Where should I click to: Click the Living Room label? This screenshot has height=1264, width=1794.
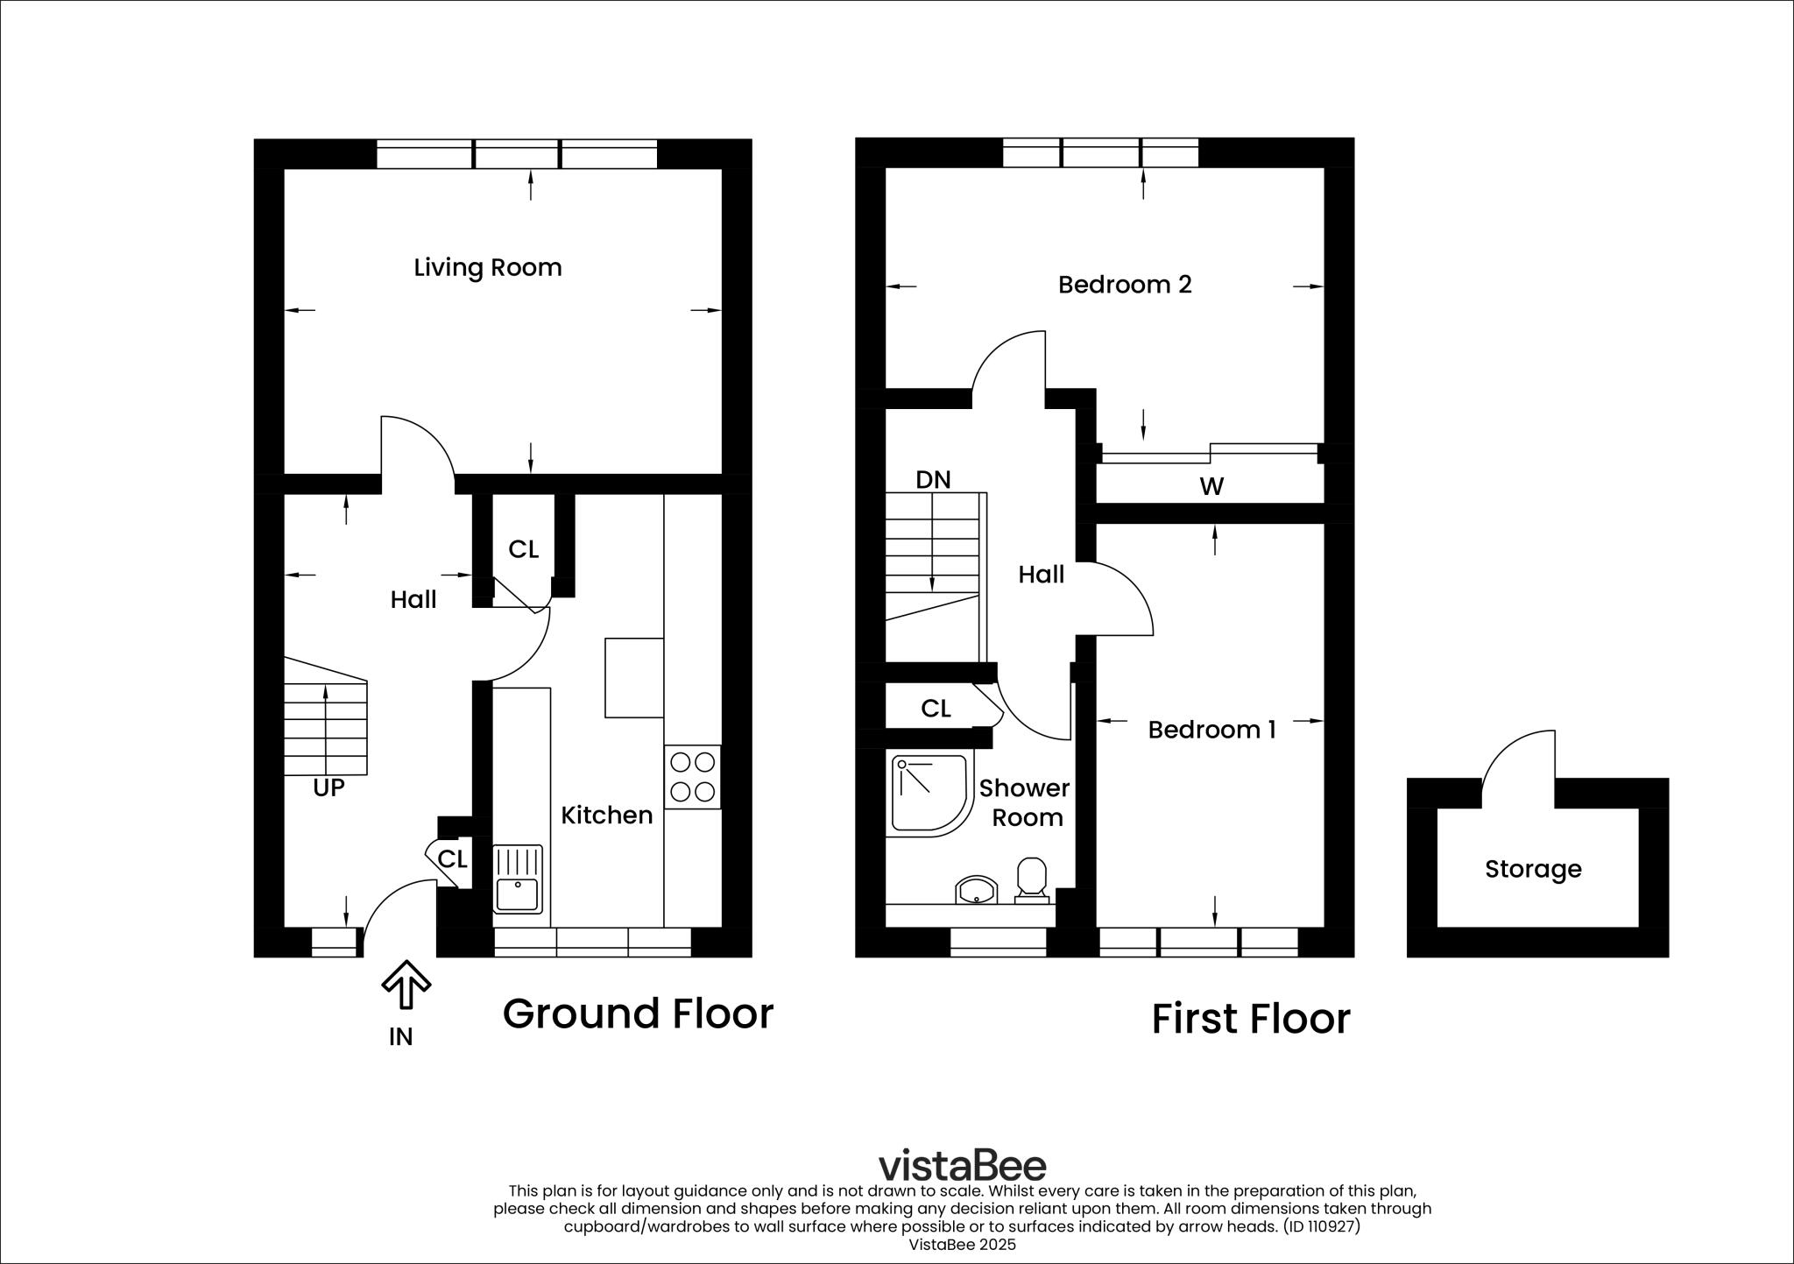pyautogui.click(x=488, y=267)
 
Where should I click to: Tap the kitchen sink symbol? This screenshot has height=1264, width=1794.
pyautogui.click(x=517, y=879)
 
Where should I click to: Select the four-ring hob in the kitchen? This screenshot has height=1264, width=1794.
pyautogui.click(x=692, y=777)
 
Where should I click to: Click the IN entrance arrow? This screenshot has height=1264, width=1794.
pyautogui.click(x=406, y=985)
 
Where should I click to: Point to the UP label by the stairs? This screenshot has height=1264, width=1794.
pyautogui.click(x=328, y=788)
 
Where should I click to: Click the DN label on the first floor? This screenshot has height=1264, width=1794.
pyautogui.click(x=933, y=480)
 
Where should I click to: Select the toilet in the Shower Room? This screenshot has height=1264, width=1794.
pyautogui.click(x=1032, y=879)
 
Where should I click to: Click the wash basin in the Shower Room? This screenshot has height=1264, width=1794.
pyautogui.click(x=975, y=891)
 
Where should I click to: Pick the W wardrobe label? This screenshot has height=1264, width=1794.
pyautogui.click(x=1211, y=486)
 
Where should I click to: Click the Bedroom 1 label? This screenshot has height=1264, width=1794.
pyautogui.click(x=1211, y=729)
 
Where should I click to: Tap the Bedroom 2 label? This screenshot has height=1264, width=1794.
pyautogui.click(x=1125, y=285)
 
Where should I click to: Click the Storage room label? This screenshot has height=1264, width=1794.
pyautogui.click(x=1533, y=869)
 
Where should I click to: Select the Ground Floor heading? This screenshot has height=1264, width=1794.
pyautogui.click(x=638, y=1013)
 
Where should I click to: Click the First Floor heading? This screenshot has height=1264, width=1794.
pyautogui.click(x=1250, y=1019)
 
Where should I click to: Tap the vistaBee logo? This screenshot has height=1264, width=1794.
pyautogui.click(x=962, y=1165)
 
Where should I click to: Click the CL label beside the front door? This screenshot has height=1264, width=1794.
pyautogui.click(x=452, y=859)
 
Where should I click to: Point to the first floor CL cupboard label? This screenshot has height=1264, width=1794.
pyautogui.click(x=936, y=709)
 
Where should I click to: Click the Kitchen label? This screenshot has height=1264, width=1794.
pyautogui.click(x=606, y=816)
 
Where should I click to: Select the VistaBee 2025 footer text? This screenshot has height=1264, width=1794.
pyautogui.click(x=962, y=1245)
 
